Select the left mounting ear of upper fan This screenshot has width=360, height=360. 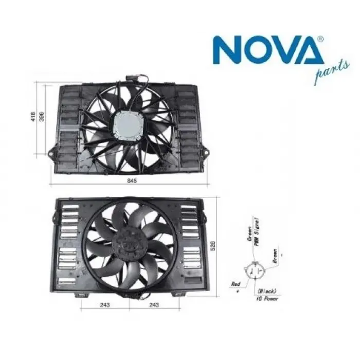pyautogui.click(x=52, y=152)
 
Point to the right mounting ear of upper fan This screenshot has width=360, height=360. pyautogui.click(x=205, y=152)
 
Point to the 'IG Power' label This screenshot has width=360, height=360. pyautogui.click(x=268, y=298)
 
